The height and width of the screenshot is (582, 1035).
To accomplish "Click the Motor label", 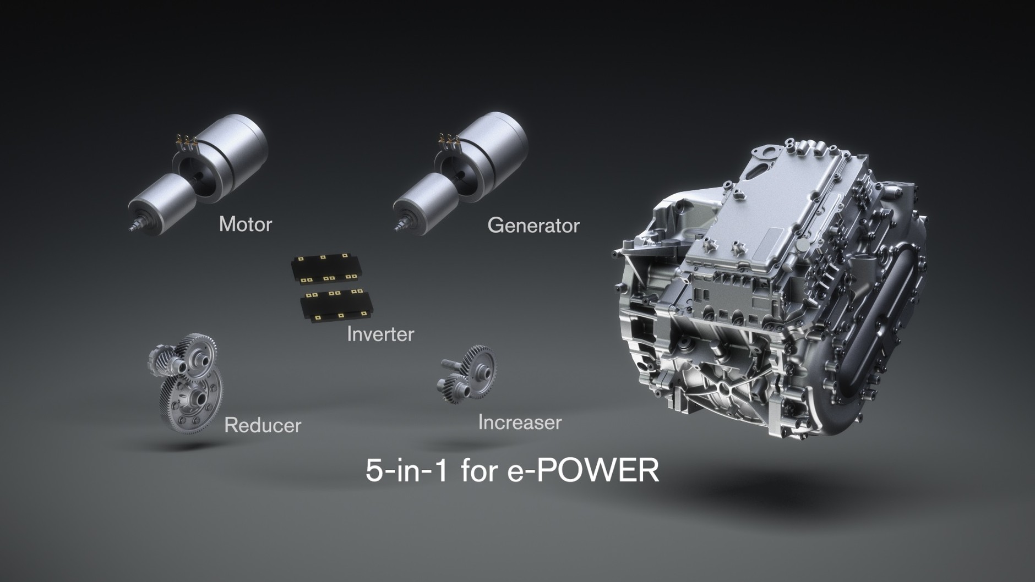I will click(x=245, y=224).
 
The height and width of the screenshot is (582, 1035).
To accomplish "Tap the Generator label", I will click(x=533, y=226).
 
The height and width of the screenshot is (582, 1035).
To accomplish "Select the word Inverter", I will click(x=380, y=334).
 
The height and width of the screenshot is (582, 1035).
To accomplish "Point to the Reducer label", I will click(x=263, y=425).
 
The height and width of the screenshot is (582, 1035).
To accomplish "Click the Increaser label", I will click(x=520, y=422).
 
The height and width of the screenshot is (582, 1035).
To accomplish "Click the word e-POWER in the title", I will click(x=582, y=470).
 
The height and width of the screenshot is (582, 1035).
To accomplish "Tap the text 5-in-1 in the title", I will click(x=406, y=470).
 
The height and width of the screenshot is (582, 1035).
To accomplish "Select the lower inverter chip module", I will click(x=336, y=305).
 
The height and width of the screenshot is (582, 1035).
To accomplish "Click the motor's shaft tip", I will click(x=134, y=226).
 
